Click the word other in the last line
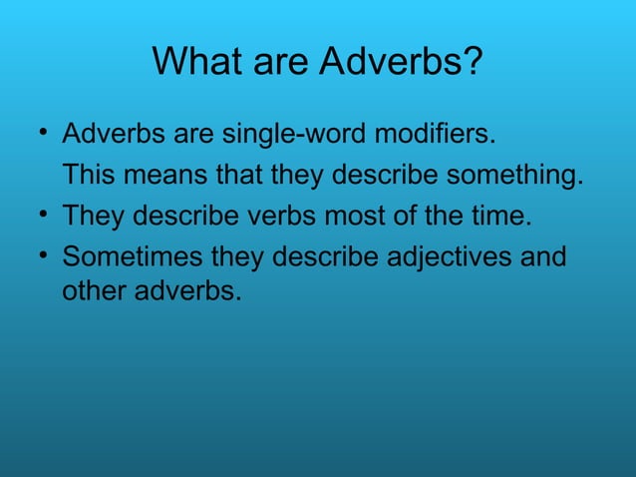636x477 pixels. (x=92, y=295)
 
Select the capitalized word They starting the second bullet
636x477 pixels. (x=93, y=217)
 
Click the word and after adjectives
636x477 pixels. (x=546, y=257)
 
